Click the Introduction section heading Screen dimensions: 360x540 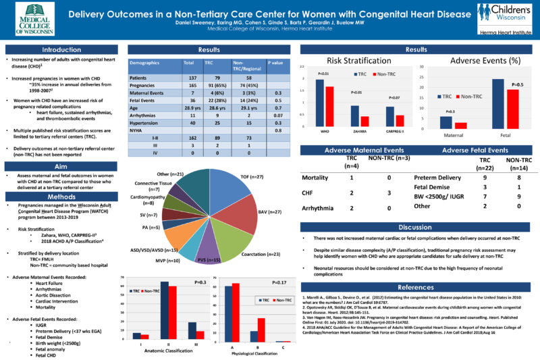point(61,50)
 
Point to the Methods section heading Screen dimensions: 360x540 point(61,196)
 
